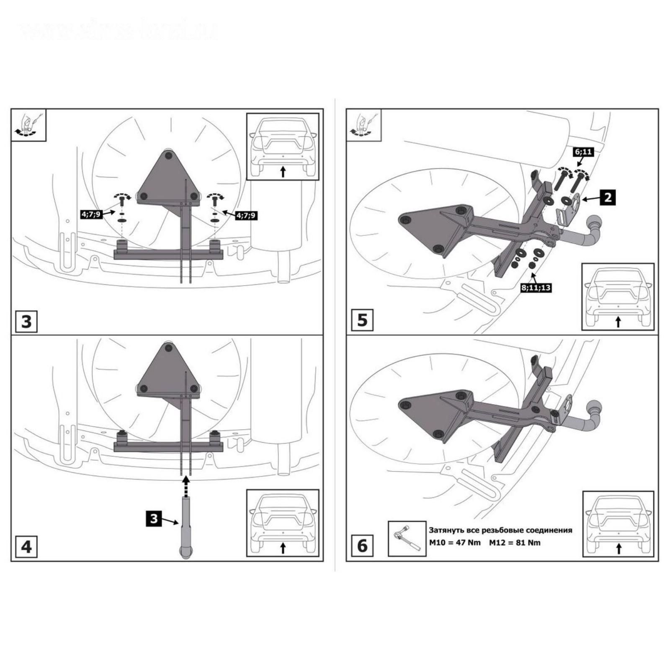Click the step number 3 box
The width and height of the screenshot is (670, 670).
[x=26, y=321]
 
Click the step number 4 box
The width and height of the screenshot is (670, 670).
[x=26, y=546]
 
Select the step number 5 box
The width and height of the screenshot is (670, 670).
[x=362, y=320]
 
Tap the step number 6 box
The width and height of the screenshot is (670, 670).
[x=362, y=546]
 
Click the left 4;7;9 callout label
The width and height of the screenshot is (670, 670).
[x=91, y=214]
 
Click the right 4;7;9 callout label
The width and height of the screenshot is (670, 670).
[x=246, y=216]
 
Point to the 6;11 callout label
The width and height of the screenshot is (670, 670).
[x=583, y=152]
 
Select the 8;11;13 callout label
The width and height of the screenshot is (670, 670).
[x=536, y=288]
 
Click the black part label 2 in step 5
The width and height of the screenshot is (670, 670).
[x=608, y=197]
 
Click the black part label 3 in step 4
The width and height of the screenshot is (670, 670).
[x=154, y=519]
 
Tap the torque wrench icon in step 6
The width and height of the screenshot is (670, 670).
[x=407, y=538]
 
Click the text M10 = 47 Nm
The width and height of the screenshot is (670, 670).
[x=455, y=543]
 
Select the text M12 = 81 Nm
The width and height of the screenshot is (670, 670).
[x=515, y=543]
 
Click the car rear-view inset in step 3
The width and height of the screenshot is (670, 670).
[x=283, y=147]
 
